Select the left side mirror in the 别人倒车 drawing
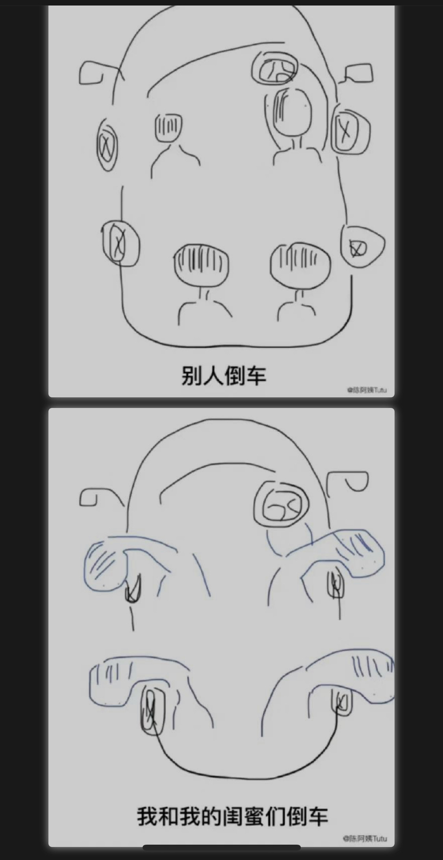point(90,73)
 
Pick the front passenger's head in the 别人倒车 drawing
point(169,127)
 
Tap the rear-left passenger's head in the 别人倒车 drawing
point(201,264)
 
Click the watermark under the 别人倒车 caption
point(367,390)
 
